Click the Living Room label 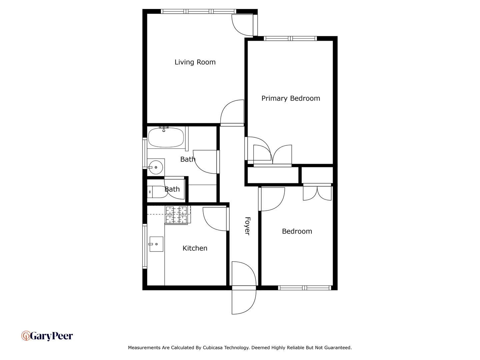(195, 62)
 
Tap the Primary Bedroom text (290, 98)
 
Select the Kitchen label (195, 248)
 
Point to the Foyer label (247, 226)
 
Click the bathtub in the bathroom (166, 137)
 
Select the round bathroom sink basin (156, 167)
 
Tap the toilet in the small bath (157, 192)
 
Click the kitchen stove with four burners (177, 215)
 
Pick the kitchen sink (156, 244)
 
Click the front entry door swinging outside (243, 301)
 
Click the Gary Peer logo (47, 336)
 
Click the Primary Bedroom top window (290, 39)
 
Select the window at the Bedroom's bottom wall (304, 288)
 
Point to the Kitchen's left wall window (145, 246)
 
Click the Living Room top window (198, 12)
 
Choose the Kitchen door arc (215, 219)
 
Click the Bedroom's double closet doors (317, 193)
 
